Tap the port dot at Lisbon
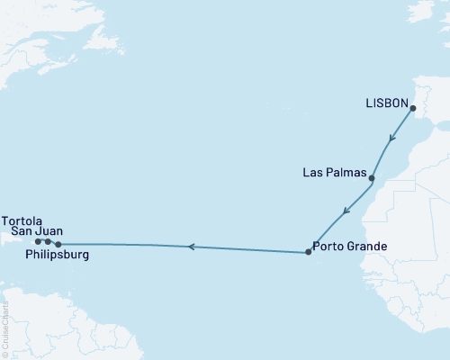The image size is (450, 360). pyautogui.click(x=413, y=110)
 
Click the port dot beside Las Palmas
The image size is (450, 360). pyautogui.click(x=372, y=178)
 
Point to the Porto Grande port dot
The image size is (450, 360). pyautogui.click(x=308, y=252)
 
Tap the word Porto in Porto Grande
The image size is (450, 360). pyautogui.click(x=329, y=246)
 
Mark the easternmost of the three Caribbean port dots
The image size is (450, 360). pyautogui.click(x=58, y=244)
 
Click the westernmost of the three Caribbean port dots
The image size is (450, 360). pyautogui.click(x=38, y=241)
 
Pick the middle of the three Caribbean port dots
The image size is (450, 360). pyautogui.click(x=48, y=241)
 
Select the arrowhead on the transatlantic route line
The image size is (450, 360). pyautogui.click(x=190, y=247)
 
